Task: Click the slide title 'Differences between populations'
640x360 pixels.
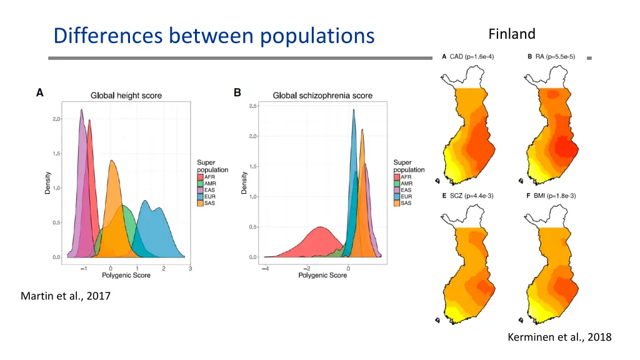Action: [x=214, y=36]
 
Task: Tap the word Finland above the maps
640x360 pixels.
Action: [x=512, y=34]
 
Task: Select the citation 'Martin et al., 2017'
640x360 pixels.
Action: [x=66, y=296]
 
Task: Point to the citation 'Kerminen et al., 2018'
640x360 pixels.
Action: [x=559, y=337]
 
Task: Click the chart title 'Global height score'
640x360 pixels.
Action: [x=126, y=96]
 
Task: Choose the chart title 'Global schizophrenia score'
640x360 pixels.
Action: [x=322, y=96]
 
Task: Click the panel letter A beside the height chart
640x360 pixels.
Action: [x=40, y=92]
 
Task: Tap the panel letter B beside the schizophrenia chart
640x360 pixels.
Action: [x=237, y=92]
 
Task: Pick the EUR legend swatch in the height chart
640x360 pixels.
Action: [x=200, y=197]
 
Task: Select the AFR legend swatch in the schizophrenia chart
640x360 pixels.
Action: [x=397, y=176]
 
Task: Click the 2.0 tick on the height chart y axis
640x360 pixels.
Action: [x=56, y=119]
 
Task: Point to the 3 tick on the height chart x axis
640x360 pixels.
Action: [x=191, y=268]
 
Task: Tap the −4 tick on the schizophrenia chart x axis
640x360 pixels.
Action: [x=265, y=268]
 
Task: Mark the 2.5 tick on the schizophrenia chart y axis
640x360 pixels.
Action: [x=252, y=106]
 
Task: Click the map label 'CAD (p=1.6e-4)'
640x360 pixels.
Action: [x=471, y=57]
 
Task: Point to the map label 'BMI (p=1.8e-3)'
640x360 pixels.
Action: [x=556, y=196]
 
